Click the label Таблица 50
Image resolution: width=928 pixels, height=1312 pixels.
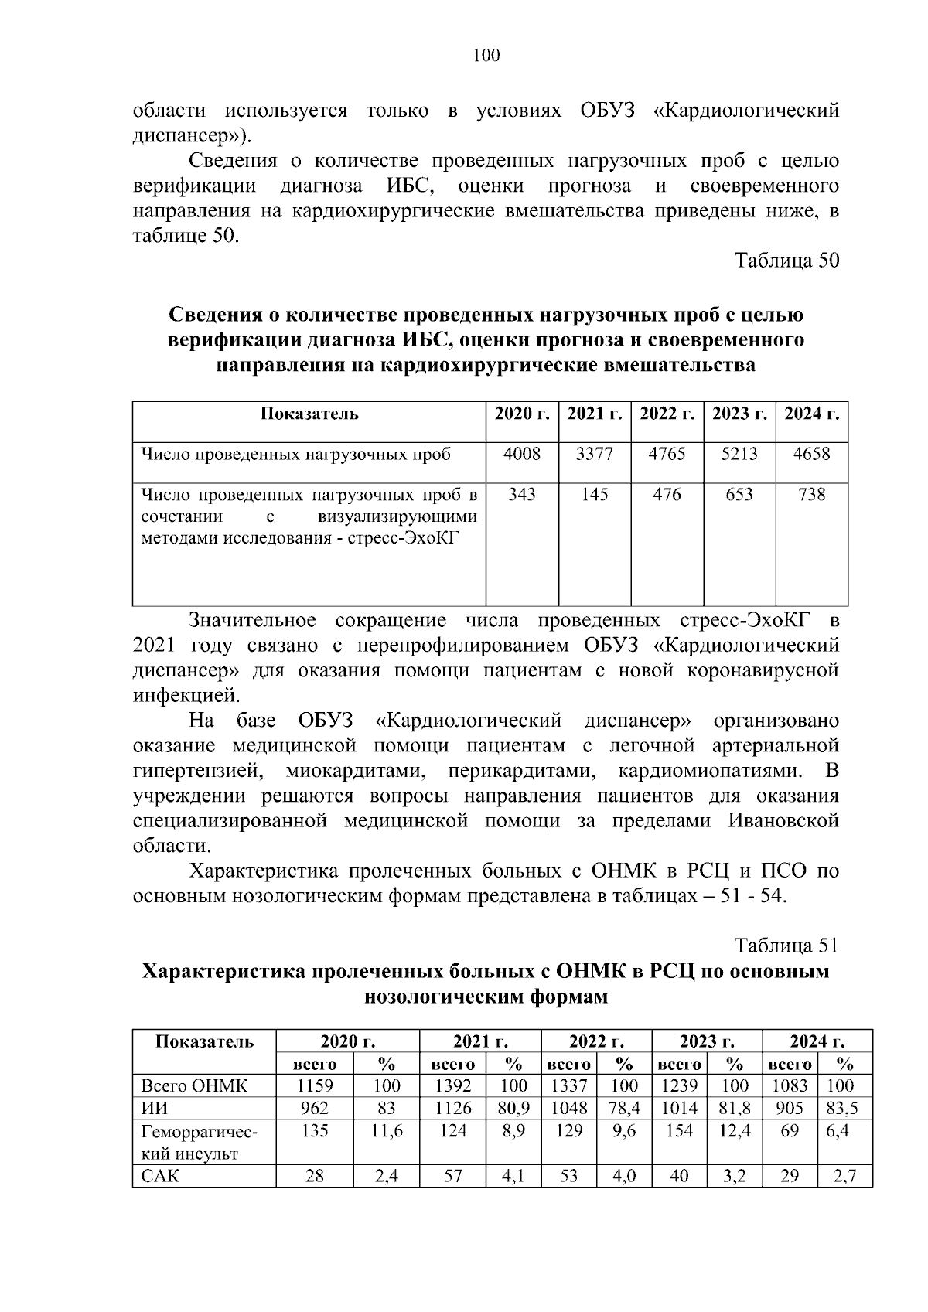click(x=786, y=261)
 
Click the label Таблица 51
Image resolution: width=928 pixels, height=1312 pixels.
click(x=786, y=946)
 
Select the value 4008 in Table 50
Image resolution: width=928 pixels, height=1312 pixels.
click(x=522, y=454)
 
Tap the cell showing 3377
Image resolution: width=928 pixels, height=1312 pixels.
click(x=595, y=454)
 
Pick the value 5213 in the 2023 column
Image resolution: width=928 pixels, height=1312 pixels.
click(x=739, y=454)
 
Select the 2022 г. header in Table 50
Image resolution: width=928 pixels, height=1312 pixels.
click(x=667, y=414)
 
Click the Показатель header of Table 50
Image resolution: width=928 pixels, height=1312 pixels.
click(x=309, y=414)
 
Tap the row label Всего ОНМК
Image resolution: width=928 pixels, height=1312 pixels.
click(x=194, y=1085)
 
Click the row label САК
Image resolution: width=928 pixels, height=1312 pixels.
click(x=160, y=1177)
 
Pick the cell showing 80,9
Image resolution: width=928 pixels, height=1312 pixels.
click(x=513, y=1108)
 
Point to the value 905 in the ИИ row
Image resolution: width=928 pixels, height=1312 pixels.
click(x=790, y=1108)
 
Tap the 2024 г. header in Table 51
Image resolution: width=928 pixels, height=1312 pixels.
click(x=817, y=1041)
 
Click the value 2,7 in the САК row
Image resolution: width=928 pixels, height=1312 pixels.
click(x=844, y=1177)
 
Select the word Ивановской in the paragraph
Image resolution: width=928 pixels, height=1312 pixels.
click(x=783, y=820)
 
